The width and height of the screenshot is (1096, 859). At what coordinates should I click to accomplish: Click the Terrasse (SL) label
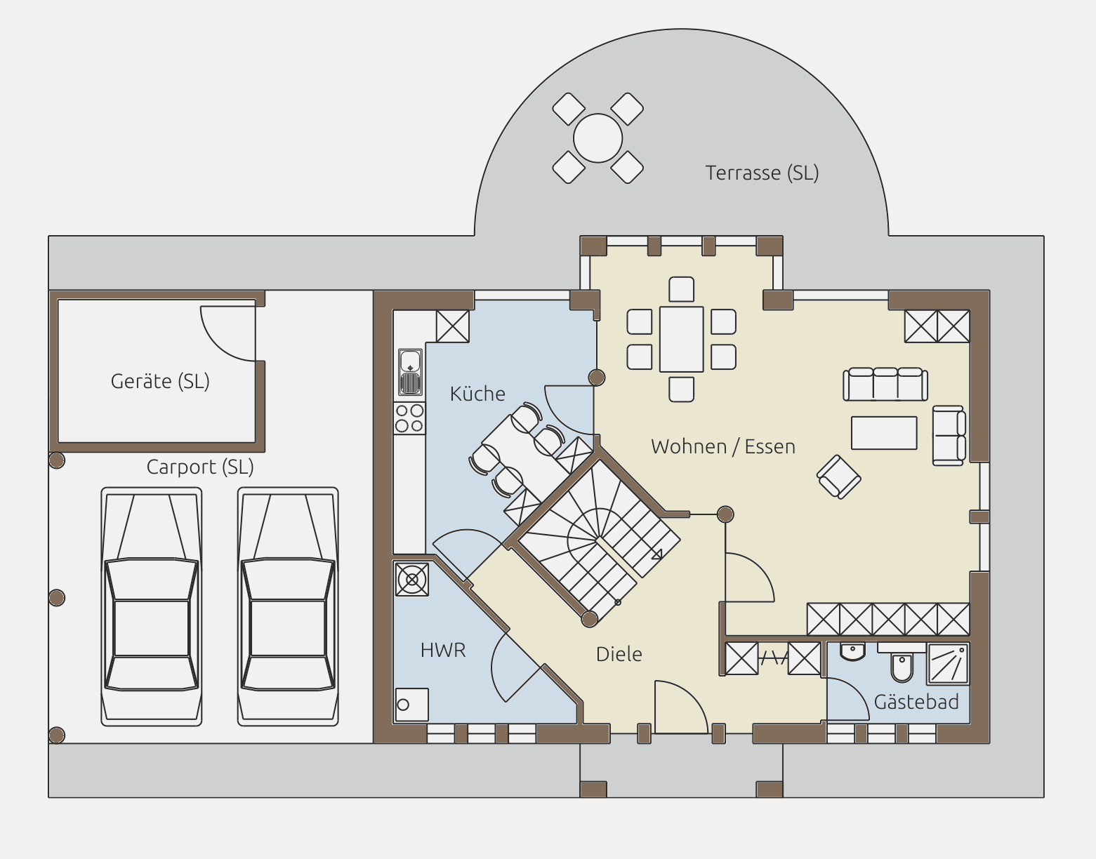(x=762, y=173)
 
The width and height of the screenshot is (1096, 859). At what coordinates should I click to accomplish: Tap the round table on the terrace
(x=597, y=138)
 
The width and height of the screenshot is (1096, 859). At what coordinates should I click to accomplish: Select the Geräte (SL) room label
(x=160, y=382)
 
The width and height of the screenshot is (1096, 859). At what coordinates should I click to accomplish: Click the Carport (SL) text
(x=199, y=467)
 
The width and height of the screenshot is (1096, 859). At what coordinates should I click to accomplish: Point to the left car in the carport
(x=152, y=606)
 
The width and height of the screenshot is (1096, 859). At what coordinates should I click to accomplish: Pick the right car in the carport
(x=288, y=606)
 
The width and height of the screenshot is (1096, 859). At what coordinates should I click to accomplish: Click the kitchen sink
(x=410, y=372)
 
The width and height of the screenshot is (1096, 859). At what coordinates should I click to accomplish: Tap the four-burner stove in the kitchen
(x=409, y=418)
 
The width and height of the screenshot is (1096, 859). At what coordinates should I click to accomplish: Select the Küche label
(x=477, y=394)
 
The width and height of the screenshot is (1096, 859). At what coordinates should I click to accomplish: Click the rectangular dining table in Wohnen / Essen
(x=682, y=339)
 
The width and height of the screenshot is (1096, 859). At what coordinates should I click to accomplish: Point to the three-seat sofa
(x=885, y=384)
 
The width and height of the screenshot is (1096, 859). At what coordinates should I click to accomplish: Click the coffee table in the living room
(x=884, y=432)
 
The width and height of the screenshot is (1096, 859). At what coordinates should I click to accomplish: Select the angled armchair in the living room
(x=839, y=477)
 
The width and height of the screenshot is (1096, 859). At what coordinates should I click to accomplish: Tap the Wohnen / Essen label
(x=722, y=446)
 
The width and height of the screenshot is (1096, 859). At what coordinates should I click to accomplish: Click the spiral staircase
(x=597, y=540)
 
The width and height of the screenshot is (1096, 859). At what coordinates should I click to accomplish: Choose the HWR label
(x=443, y=651)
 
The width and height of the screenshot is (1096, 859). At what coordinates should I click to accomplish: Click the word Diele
(x=619, y=654)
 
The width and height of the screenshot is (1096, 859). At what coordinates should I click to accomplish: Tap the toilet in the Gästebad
(x=902, y=667)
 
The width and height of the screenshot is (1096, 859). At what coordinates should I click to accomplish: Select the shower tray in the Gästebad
(x=948, y=664)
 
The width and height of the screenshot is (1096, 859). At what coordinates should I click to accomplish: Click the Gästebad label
(x=916, y=702)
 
